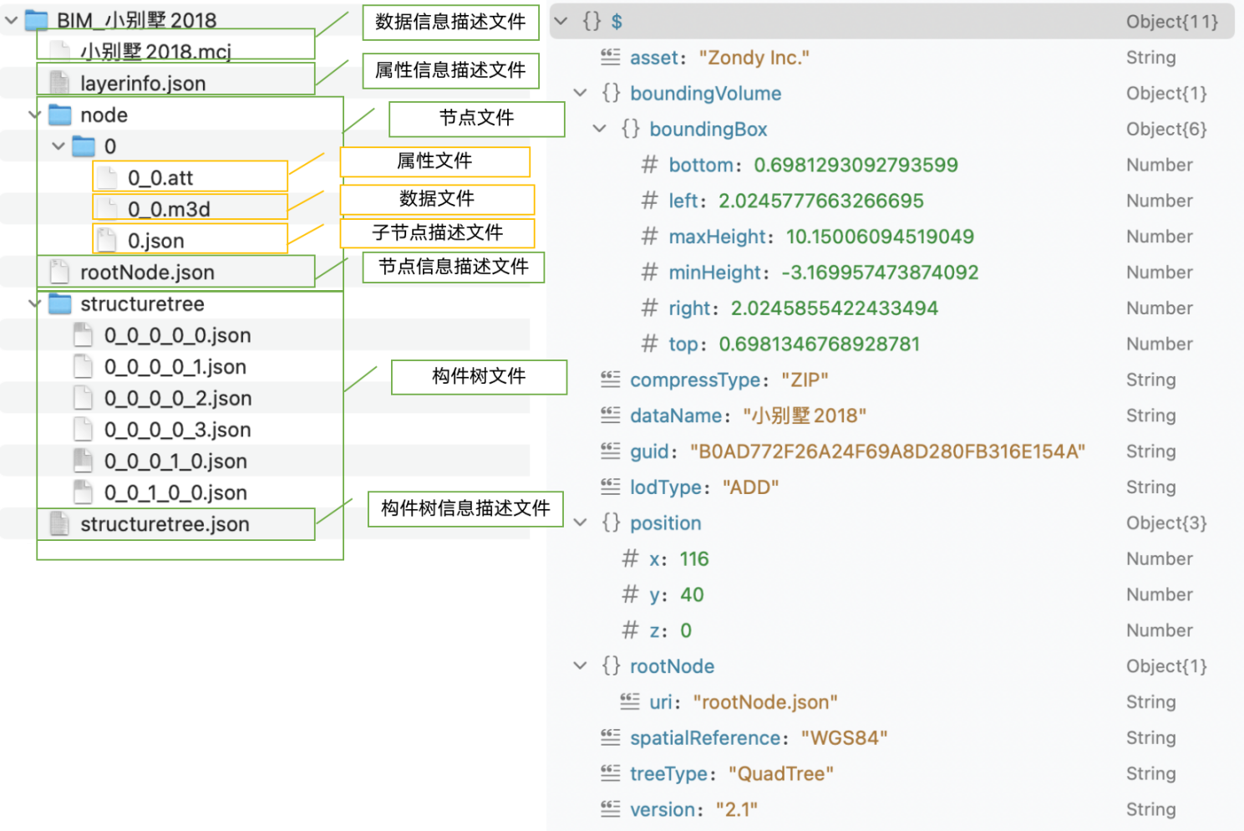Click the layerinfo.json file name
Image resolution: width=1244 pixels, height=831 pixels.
[143, 84]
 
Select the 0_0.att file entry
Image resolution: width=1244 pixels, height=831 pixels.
[160, 178]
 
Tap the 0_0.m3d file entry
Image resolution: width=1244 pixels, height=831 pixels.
[169, 210]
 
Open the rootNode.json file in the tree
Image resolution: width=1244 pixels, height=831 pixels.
[147, 273]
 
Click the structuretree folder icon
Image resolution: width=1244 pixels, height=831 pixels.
[59, 304]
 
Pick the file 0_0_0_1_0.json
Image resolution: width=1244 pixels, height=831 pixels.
[175, 461]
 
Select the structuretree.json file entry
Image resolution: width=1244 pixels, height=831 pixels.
[165, 524]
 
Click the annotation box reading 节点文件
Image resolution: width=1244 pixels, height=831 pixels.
[476, 119]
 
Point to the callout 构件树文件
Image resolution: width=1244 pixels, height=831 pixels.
[479, 377]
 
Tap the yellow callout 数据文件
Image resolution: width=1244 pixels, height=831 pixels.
[437, 199]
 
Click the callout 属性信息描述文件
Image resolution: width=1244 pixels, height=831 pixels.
[450, 70]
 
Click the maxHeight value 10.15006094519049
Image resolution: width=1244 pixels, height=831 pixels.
[880, 237]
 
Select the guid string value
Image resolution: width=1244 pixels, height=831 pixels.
[887, 451]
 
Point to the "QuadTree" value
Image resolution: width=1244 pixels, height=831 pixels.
[781, 774]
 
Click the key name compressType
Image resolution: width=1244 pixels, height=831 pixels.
[695, 380]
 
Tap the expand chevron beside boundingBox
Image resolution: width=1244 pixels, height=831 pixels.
[599, 129]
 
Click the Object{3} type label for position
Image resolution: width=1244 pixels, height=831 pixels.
[1166, 523]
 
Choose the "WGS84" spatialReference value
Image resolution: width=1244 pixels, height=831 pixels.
[844, 738]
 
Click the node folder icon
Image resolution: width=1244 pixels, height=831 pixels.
[59, 115]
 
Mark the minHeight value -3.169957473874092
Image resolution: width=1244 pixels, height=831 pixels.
[880, 273]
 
